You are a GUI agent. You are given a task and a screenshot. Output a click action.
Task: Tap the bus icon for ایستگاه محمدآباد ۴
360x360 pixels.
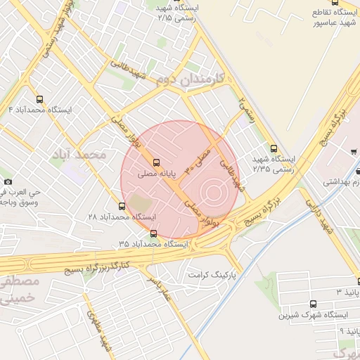(x=39, y=99)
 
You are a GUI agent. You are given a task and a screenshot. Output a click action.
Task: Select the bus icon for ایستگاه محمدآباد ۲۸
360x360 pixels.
(x=122, y=206)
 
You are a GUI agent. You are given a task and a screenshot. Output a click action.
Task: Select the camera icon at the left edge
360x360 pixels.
(x=6, y=174)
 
